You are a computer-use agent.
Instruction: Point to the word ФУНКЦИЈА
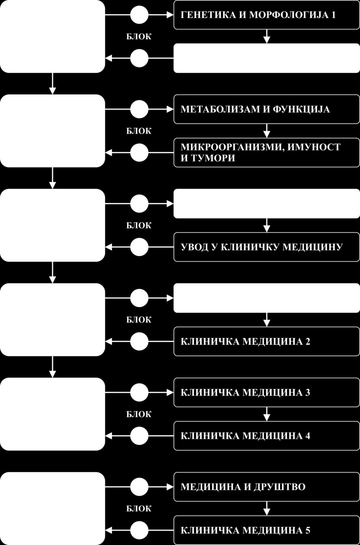pyautogui.click(x=301, y=109)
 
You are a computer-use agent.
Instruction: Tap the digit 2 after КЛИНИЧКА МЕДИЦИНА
pyautogui.click(x=308, y=342)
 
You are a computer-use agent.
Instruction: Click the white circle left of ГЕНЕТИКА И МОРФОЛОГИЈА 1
pyautogui.click(x=139, y=15)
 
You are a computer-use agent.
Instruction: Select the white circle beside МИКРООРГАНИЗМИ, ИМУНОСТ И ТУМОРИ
pyautogui.click(x=139, y=153)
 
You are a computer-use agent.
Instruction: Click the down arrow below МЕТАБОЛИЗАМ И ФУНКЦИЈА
pyautogui.click(x=266, y=131)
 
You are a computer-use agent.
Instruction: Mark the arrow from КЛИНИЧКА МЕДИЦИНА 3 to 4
pyautogui.click(x=266, y=414)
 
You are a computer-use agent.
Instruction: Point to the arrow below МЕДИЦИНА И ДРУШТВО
pyautogui.click(x=266, y=508)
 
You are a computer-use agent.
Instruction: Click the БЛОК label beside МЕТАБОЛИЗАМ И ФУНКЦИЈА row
pyautogui.click(x=139, y=131)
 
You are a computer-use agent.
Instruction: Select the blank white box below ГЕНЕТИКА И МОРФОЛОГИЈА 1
pyautogui.click(x=266, y=58)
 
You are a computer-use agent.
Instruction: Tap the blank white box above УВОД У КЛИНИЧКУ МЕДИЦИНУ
pyautogui.click(x=266, y=204)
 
